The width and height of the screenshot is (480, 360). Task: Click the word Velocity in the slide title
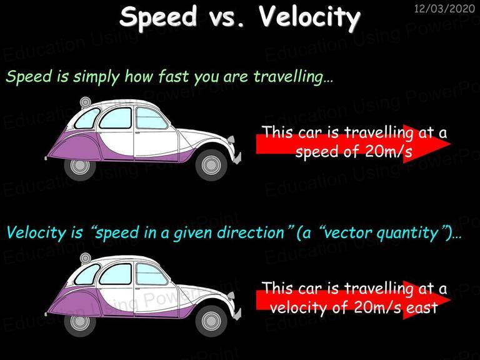tap(309, 17)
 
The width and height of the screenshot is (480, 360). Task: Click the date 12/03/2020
tap(444, 8)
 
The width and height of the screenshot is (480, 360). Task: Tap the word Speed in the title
tap(158, 17)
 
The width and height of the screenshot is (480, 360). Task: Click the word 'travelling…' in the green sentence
tap(293, 76)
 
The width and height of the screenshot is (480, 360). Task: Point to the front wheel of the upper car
tap(211, 165)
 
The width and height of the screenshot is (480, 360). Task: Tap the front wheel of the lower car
tap(211, 321)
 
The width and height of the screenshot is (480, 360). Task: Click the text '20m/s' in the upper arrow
tap(389, 151)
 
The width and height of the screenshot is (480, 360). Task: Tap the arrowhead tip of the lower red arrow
tap(451, 300)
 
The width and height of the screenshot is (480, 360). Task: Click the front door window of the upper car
tap(151, 118)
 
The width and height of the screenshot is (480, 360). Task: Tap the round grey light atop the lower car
tap(86, 258)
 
